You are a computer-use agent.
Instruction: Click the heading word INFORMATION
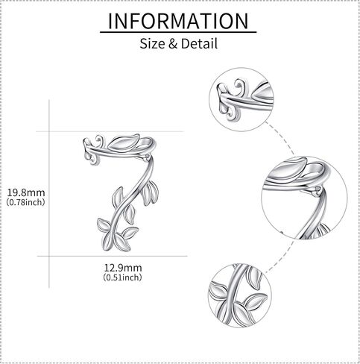pos(178,21)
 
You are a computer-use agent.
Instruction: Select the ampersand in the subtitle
pos(173,44)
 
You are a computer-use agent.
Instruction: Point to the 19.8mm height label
pos(26,192)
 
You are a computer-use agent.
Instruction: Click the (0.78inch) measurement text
pos(26,202)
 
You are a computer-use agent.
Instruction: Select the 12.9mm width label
pos(123,268)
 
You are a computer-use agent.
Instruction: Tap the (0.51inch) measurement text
pos(122,277)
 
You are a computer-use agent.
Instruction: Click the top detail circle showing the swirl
pos(241,99)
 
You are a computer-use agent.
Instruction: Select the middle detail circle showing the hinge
pos(305,198)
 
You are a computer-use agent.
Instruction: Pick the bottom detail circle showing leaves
pos(240,295)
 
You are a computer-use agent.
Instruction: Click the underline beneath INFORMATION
pos(178,32)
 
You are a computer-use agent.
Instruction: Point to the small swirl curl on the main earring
pos(99,141)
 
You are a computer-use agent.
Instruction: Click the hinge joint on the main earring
pos(147,157)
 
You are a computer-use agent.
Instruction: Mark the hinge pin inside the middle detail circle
pos(318,191)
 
